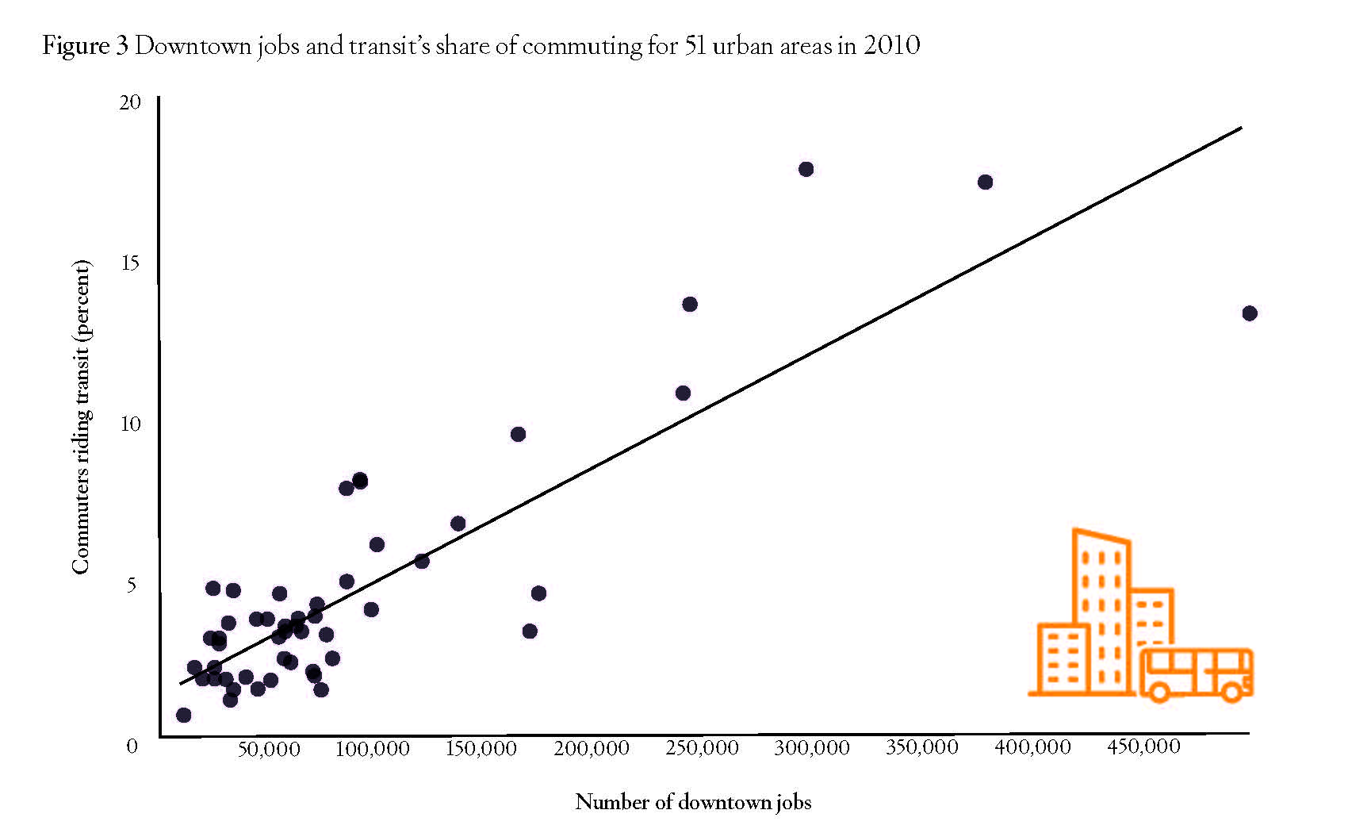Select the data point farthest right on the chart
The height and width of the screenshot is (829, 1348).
[x=1250, y=313]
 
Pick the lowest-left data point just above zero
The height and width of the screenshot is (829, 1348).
[x=183, y=715]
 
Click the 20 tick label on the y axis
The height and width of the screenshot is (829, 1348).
[x=130, y=102]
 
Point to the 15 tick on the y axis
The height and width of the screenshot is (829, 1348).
[x=130, y=263]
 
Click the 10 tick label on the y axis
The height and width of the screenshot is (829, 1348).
[x=130, y=424]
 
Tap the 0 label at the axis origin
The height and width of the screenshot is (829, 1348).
[x=132, y=746]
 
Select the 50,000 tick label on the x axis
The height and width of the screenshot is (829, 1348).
[x=269, y=749]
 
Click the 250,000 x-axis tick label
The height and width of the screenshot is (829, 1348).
[x=701, y=748]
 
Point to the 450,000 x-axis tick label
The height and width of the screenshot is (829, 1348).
[x=1143, y=746]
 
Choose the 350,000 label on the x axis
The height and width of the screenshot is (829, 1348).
[x=921, y=747]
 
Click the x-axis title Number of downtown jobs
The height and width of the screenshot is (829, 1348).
[x=693, y=802]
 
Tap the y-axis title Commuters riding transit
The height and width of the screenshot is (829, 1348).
[x=81, y=417]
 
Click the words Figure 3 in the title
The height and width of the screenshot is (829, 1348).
[x=85, y=46]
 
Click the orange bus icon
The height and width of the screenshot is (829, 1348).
[x=1196, y=674]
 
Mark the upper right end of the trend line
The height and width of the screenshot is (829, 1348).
[x=1241, y=127]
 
